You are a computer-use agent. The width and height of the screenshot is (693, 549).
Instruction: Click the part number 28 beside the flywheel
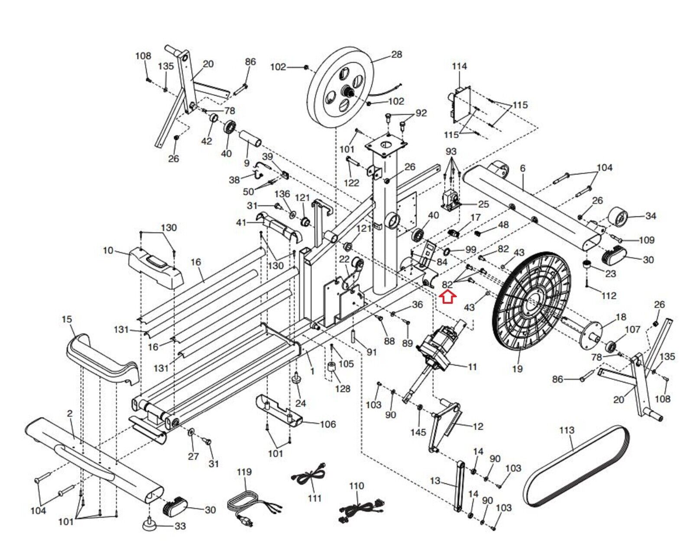pyautogui.click(x=396, y=54)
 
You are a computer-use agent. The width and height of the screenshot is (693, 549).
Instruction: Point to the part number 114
pyautogui.click(x=459, y=66)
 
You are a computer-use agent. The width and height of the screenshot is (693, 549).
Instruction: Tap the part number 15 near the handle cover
pyautogui.click(x=67, y=319)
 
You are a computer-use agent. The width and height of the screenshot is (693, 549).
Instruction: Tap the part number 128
pyautogui.click(x=342, y=389)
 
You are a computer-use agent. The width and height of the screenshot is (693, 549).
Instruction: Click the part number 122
pyautogui.click(x=351, y=183)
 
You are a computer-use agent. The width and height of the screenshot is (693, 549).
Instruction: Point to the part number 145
pyautogui.click(x=418, y=432)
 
